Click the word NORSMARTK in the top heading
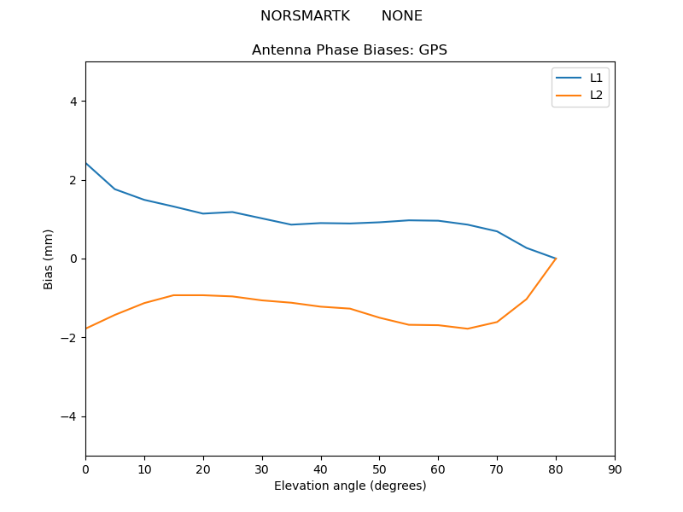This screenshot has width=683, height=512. [305, 16]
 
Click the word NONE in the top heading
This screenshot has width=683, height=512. [401, 16]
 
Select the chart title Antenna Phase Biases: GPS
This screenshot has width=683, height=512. [349, 50]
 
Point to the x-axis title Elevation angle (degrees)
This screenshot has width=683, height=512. [349, 486]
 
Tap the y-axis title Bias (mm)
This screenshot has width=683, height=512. [50, 259]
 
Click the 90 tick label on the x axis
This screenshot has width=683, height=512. [615, 468]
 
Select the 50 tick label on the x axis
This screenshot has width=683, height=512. [379, 468]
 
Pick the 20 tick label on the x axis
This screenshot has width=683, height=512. [203, 468]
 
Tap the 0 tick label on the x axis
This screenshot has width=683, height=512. [85, 468]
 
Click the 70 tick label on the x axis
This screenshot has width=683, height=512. [497, 468]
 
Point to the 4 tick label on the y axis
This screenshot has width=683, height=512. [73, 102]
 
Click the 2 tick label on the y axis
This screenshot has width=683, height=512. [73, 180]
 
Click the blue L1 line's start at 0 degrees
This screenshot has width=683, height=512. [85, 163]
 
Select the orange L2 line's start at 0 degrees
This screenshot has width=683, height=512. [85, 329]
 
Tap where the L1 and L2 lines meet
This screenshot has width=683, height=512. [556, 259]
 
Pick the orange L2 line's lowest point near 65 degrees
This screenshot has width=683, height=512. [468, 329]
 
